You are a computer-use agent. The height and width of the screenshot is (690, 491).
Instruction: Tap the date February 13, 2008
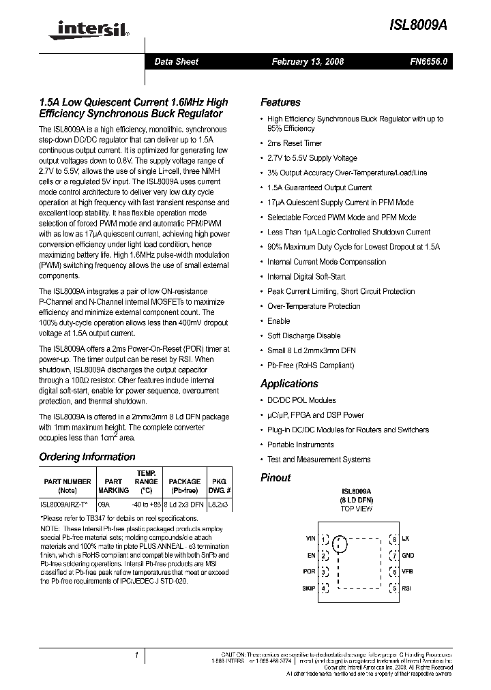coord(308,61)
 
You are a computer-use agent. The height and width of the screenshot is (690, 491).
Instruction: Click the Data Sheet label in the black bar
coord(176,61)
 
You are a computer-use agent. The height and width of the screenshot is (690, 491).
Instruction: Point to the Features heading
coord(280,102)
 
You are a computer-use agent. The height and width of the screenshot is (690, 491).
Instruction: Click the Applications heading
coord(289,384)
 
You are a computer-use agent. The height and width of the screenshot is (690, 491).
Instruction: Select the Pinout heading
coord(276,478)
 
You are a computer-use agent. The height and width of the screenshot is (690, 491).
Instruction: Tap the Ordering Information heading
coord(87,457)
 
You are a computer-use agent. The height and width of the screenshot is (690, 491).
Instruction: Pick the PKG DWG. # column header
coord(220,485)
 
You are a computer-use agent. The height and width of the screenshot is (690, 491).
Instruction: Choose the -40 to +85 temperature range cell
coord(147,505)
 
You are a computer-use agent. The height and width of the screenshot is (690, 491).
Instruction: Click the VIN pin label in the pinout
coord(310,539)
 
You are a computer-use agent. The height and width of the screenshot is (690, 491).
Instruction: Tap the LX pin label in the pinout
coord(405,539)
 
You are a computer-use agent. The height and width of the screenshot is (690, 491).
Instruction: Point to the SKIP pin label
coord(308,588)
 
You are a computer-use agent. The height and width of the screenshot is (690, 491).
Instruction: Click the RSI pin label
coord(406,588)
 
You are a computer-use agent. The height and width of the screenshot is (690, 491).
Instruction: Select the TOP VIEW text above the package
coord(357,509)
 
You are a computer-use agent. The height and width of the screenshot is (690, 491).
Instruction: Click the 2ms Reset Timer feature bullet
coord(295,143)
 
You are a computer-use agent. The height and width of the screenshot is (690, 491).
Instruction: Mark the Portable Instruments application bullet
coord(301,445)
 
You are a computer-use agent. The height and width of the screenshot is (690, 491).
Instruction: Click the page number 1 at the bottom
coord(137,655)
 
